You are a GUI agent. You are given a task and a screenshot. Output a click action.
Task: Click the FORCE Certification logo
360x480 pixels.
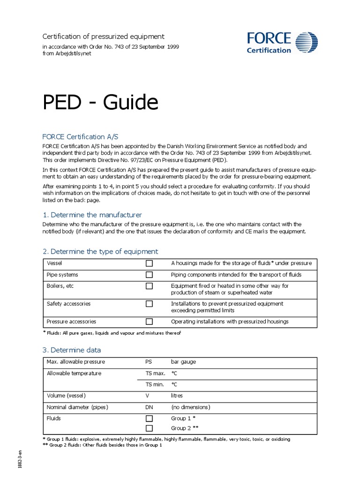point(282,42)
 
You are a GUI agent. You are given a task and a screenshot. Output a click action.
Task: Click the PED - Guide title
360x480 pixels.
point(100,103)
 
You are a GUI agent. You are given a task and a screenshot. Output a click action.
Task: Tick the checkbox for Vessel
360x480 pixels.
point(149,263)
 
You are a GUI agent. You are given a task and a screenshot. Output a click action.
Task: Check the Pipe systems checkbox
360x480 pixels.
point(149,275)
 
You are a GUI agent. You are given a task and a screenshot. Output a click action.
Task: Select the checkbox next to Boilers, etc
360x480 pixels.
point(149,286)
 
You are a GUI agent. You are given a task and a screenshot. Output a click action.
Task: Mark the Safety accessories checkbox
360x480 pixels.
point(149,304)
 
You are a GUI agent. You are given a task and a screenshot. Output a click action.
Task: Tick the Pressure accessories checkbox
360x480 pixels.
point(149,322)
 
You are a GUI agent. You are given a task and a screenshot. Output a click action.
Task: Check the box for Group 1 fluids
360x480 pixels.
point(149,418)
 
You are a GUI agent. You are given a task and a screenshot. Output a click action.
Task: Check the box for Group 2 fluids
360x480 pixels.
point(149,428)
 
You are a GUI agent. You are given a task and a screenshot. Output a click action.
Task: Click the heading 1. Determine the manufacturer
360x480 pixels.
point(92,215)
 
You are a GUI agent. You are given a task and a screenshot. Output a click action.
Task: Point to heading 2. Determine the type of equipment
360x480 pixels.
point(100,251)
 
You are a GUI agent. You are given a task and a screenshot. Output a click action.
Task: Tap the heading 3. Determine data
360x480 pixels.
point(71,350)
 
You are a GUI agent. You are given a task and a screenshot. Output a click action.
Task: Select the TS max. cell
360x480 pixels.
point(155,374)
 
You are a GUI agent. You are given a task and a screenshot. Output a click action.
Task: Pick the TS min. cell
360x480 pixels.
point(155,384)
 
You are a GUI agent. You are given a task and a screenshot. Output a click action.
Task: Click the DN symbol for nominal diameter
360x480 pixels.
point(150,407)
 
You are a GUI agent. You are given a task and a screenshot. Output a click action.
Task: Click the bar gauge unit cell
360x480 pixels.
point(184,362)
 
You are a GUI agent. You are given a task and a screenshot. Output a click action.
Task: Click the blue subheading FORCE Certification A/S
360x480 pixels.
point(80,136)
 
